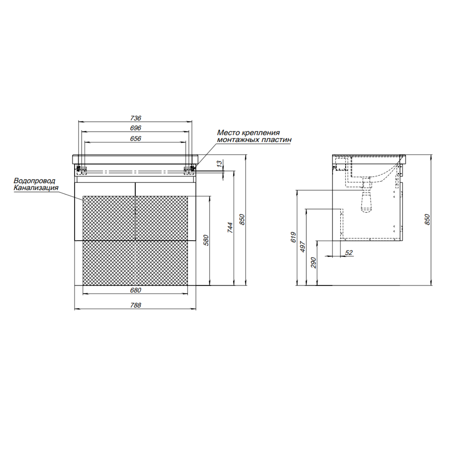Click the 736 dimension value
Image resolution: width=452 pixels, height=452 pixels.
click(x=136, y=118)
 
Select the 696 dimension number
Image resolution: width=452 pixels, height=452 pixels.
click(x=136, y=128)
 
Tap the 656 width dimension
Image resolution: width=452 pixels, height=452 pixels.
click(x=136, y=139)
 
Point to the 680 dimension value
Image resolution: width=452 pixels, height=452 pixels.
click(x=136, y=290)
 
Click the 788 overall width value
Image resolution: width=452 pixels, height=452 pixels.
click(x=136, y=305)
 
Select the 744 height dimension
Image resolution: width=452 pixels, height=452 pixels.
click(x=230, y=227)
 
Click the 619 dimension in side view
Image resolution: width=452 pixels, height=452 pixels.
click(x=293, y=237)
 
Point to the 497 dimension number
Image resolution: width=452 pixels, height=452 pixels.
click(x=302, y=246)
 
